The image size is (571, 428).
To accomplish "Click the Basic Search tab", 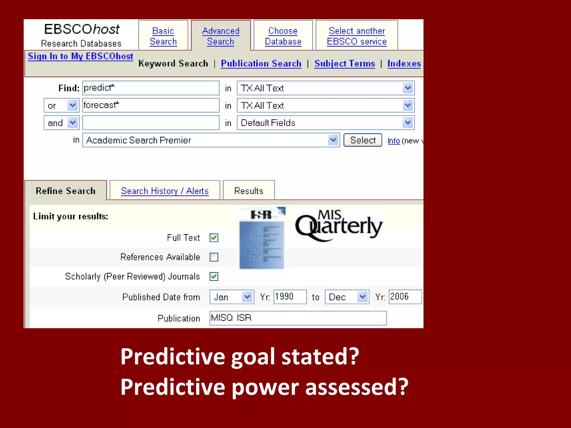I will [163, 36].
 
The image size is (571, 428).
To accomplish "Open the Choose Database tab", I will [283, 36].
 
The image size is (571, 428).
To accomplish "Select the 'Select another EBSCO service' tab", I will [357, 36].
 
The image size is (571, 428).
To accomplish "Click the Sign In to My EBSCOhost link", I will [80, 56].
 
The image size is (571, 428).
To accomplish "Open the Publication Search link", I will [261, 64].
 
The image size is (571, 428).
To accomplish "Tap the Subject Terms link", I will [345, 64].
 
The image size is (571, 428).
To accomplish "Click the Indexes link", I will [404, 64].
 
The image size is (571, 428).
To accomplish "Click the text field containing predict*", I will [151, 88].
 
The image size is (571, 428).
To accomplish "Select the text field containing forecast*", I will [151, 105].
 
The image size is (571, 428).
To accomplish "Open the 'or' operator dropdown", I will [61, 106].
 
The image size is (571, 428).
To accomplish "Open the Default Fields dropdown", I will [325, 123].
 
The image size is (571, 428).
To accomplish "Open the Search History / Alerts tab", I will [165, 191].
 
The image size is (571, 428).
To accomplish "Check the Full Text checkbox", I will [214, 238].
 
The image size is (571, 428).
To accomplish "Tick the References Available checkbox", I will [214, 257].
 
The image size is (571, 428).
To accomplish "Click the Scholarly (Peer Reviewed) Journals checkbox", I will [214, 276].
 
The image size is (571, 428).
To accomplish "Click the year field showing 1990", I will [290, 297].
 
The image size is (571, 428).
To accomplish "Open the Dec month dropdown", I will [347, 297].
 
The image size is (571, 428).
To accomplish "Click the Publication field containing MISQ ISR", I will [298, 318].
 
